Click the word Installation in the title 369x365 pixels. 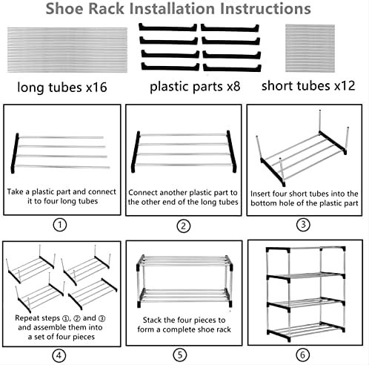172,8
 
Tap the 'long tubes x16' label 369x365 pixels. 62,87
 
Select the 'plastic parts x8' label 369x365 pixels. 195,87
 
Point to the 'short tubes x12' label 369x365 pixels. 308,86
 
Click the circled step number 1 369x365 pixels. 60,225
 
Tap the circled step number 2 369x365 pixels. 184,226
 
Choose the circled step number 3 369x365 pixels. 303,225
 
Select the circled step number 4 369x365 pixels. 59,355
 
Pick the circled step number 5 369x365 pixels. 180,355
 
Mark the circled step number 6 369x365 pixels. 302,355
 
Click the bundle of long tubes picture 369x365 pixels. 67,50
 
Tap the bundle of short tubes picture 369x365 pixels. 310,48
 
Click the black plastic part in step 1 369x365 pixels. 15,154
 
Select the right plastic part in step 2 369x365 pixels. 231,151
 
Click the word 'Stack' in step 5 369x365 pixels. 151,320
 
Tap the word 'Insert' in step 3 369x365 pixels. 260,194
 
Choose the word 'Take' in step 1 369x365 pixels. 15,191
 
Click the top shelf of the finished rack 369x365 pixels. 306,249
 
